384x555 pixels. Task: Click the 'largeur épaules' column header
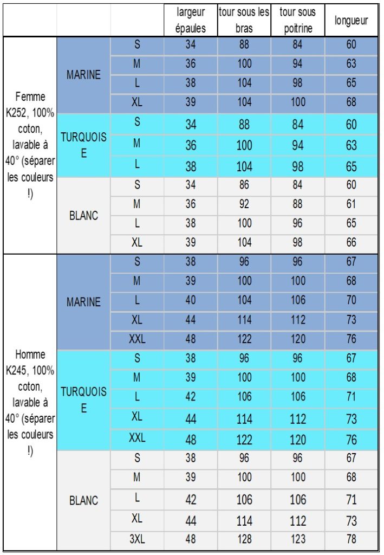(191, 20)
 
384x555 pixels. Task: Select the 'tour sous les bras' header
(244, 20)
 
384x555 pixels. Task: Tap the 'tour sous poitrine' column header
(297, 20)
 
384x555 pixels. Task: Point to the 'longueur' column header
(351, 21)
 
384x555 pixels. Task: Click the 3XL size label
(137, 539)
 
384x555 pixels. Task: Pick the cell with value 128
(244, 539)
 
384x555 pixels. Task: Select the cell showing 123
(297, 539)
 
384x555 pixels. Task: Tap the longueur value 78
(351, 539)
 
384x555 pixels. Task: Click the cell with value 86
(244, 185)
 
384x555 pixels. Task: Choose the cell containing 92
(244, 204)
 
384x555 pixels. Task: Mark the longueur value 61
(351, 204)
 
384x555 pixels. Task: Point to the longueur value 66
(351, 242)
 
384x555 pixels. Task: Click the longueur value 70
(351, 300)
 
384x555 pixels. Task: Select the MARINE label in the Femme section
(83, 75)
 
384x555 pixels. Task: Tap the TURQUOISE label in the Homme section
(83, 399)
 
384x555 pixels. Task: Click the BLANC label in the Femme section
(83, 215)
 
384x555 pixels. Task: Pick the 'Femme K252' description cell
(30, 145)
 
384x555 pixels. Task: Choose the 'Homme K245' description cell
(30, 403)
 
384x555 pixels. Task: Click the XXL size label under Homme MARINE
(137, 339)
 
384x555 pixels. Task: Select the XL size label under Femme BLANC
(137, 242)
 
